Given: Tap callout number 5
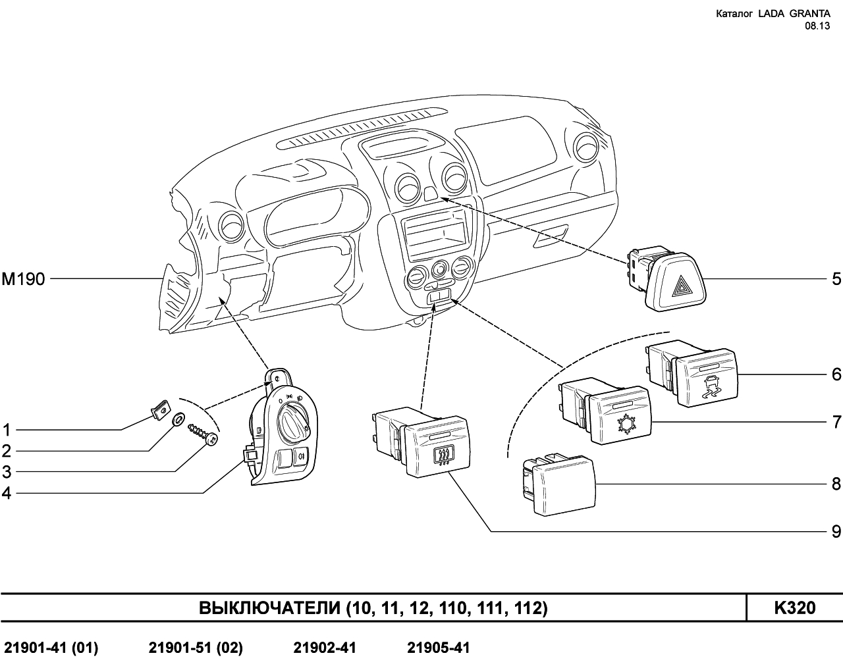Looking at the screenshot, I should click(x=836, y=279).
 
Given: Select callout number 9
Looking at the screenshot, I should click(x=836, y=530).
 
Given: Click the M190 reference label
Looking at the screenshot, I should click(x=23, y=280).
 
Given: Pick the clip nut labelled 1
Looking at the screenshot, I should click(x=158, y=411).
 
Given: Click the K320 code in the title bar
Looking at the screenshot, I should click(x=795, y=607).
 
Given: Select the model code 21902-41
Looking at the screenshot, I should click(x=325, y=648).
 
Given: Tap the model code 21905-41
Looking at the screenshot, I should click(x=439, y=648).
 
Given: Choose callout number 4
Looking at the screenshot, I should click(x=7, y=493).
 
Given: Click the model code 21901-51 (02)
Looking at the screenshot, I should click(x=196, y=648).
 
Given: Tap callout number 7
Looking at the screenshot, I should click(x=836, y=421).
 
